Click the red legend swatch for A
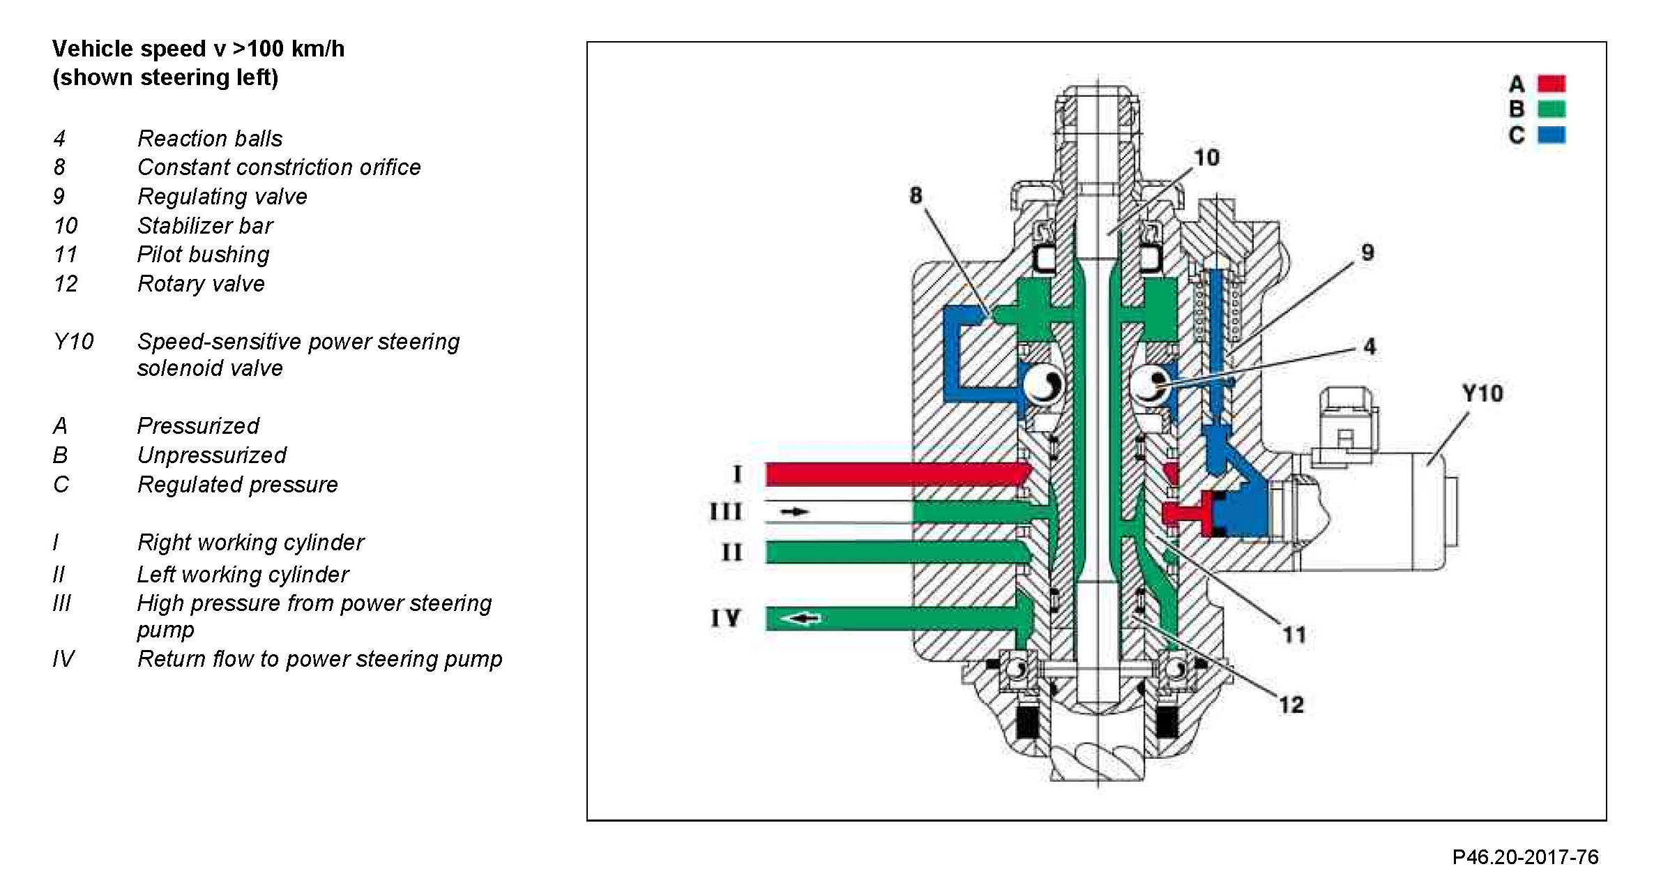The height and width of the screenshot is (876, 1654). click(1551, 84)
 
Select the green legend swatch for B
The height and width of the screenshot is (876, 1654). click(1551, 109)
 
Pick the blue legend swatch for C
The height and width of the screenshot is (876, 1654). click(1551, 134)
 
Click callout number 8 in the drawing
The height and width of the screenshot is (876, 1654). click(916, 195)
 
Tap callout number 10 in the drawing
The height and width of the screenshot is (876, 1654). click(1206, 158)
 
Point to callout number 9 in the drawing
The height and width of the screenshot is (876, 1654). click(1367, 252)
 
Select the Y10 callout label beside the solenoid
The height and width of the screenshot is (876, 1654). click(1482, 393)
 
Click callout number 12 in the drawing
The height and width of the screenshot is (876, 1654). click(1291, 704)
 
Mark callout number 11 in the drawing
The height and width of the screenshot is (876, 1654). click(1294, 635)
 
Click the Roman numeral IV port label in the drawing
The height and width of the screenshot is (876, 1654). click(725, 618)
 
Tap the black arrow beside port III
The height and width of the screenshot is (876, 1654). click(794, 512)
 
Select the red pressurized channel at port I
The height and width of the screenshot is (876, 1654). click(893, 474)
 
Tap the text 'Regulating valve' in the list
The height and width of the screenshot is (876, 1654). click(222, 197)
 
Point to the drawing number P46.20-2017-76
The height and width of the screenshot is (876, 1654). click(1525, 856)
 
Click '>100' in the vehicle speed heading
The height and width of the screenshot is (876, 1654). click(259, 49)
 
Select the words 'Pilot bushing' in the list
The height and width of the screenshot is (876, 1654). click(203, 255)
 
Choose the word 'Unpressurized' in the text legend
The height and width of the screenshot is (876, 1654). click(211, 455)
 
